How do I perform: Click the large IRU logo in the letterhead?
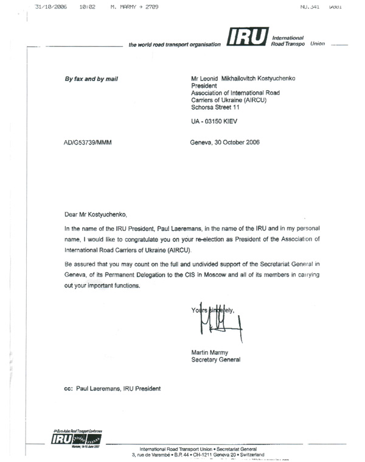(246, 38)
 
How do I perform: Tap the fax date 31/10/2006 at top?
(52, 8)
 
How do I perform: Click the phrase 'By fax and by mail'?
(91, 79)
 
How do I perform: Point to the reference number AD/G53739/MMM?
(88, 142)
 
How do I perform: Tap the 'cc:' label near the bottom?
(69, 388)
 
